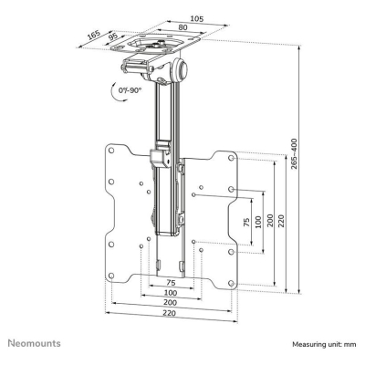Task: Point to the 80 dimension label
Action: (x=186, y=29)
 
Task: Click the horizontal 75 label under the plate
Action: (x=171, y=282)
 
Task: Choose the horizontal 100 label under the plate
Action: (x=171, y=293)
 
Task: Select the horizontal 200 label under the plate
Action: (x=171, y=304)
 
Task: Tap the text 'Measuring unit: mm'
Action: (x=324, y=345)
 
